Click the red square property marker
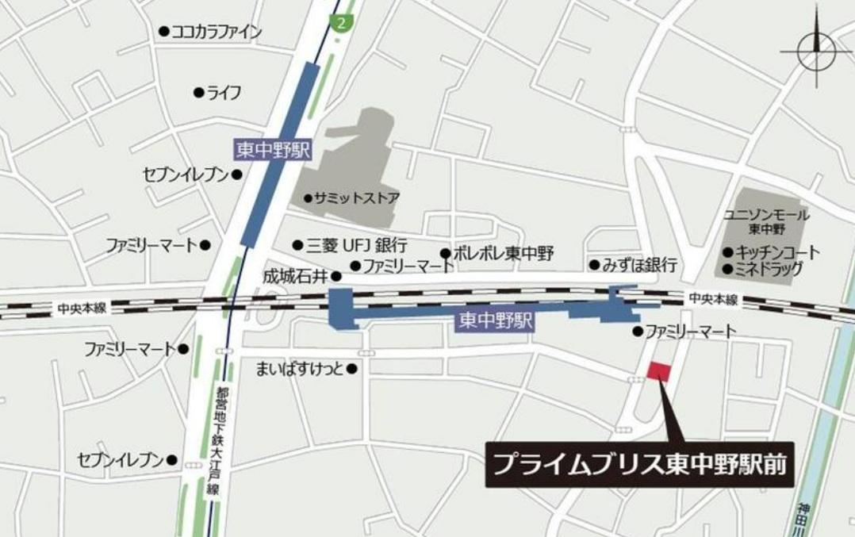(x=658, y=370)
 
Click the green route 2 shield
(x=342, y=22)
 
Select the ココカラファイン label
(x=217, y=32)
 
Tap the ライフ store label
(x=224, y=93)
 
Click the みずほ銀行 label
(x=639, y=264)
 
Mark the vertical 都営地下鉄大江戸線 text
(x=212, y=440)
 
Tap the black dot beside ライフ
(x=198, y=93)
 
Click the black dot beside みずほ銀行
(x=593, y=264)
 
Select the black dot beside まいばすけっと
(x=351, y=369)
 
